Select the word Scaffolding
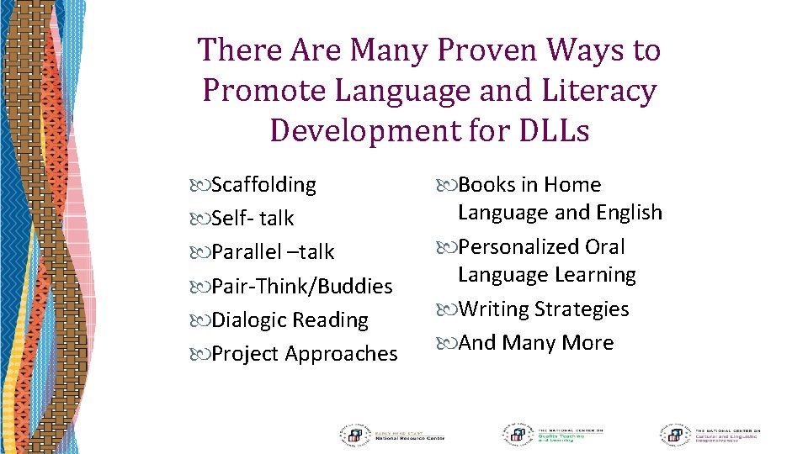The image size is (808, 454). click(263, 185)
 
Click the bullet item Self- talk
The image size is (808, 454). click(252, 219)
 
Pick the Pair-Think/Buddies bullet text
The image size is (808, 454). click(301, 287)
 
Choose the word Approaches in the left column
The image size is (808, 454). click(341, 354)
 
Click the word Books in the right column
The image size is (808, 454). click(486, 185)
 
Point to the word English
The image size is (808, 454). click(624, 213)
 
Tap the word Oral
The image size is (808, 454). click(605, 247)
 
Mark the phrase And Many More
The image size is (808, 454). click(535, 343)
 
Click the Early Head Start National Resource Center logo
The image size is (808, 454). click(391, 434)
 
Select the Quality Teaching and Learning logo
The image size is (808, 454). click(555, 434)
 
